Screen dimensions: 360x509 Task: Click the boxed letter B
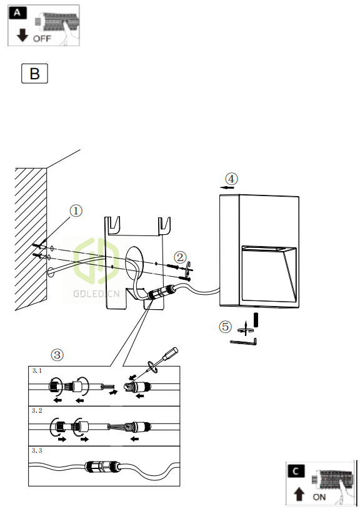tap(34, 74)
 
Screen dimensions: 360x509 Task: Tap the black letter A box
tap(17, 13)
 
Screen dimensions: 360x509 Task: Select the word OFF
tap(42, 39)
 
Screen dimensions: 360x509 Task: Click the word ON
tap(319, 497)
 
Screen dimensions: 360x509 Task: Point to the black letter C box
tap(296, 471)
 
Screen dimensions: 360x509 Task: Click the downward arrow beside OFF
tap(22, 35)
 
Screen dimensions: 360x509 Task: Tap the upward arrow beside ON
tap(299, 495)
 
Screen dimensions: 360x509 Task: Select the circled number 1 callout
tap(76, 211)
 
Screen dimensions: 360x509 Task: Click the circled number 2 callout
tap(181, 257)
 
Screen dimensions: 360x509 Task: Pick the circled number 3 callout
tap(57, 355)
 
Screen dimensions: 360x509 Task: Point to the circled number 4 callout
tap(232, 179)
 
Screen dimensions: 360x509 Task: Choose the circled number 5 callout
tap(226, 327)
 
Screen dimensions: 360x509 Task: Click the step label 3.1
tap(37, 371)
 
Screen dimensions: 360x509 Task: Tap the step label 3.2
tap(37, 411)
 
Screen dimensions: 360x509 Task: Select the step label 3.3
tap(37, 450)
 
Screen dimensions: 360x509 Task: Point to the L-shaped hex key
tap(243, 342)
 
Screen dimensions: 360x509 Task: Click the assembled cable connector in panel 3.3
tap(103, 467)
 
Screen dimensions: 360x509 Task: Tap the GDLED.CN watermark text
tap(96, 294)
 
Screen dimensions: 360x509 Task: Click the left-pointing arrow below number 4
tap(227, 187)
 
